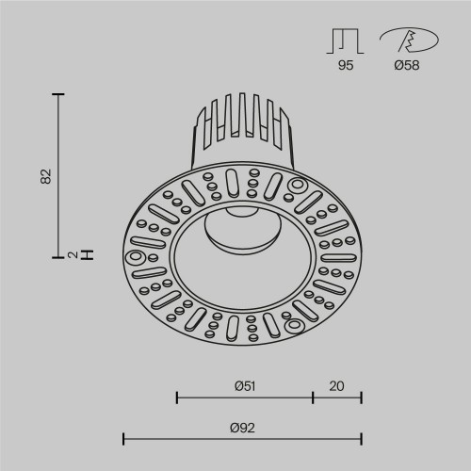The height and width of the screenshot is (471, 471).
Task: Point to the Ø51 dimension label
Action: [x=244, y=384]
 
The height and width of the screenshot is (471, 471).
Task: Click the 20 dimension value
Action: [x=337, y=384]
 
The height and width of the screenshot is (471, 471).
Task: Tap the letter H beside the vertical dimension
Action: [x=87, y=253]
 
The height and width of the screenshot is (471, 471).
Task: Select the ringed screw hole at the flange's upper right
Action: [x=298, y=184]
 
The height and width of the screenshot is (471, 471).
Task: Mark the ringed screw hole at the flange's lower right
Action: [x=292, y=326]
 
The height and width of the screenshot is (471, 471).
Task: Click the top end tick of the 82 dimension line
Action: [x=58, y=95]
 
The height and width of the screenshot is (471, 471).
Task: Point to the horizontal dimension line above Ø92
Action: [x=242, y=438]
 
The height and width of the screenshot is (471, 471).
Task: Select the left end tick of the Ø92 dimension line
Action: [x=124, y=438]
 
